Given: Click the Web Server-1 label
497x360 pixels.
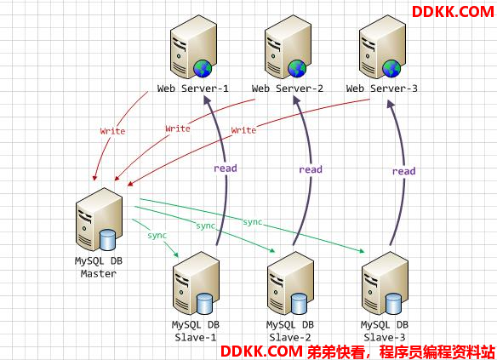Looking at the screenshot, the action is pos(192,89).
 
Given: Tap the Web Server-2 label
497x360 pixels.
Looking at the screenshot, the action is pos(287,89).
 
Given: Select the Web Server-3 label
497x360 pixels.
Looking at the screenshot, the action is pos(381,89).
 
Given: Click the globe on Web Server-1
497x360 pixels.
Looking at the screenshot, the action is pos(203,68).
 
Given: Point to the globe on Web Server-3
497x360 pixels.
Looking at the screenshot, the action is pos(391,68).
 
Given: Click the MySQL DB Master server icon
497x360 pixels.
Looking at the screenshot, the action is pos(100,220).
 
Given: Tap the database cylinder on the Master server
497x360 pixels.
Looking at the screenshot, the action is pos(107,240).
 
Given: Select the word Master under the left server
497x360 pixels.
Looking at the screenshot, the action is pos(99,273).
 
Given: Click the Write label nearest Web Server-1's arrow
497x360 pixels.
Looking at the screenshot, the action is pos(112,131).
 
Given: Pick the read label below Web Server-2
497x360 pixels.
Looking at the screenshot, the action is pos(311,169).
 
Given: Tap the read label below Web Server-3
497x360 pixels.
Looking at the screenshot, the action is pos(403,171).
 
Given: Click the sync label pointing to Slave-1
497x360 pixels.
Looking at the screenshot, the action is pos(157,236).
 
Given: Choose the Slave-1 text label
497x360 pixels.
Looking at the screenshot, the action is pos(196,338).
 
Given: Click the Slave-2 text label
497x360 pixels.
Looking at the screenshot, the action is pos(290,338).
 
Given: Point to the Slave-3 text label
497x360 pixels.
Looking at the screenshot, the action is pos(385,338).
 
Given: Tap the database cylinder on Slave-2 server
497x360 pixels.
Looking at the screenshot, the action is pos(299,304).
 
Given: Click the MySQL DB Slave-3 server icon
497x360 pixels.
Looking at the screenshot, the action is pos(385,283).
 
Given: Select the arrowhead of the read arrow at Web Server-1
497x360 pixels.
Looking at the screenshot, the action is pos(208,100).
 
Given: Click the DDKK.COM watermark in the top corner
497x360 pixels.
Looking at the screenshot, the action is pos(453,12).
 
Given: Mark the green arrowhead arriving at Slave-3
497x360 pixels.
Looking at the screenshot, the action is pos(362,251).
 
